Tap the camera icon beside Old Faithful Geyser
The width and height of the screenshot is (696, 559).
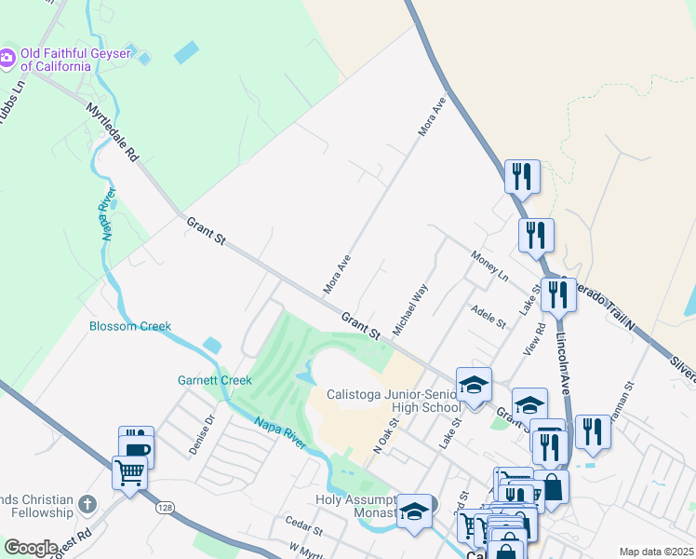point(7,58)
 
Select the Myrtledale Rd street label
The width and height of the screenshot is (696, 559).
point(112,131)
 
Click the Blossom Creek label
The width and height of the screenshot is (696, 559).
point(130,326)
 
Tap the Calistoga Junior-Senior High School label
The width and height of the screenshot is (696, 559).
point(393,401)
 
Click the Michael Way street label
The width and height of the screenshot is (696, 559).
point(409,310)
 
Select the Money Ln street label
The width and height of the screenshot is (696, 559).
point(489,266)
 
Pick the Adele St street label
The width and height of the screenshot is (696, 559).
point(488,317)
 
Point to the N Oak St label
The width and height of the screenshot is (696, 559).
point(385,436)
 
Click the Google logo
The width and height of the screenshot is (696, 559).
point(31,548)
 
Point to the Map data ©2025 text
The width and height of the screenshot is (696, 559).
point(655,552)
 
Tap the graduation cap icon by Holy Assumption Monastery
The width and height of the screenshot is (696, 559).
point(415,511)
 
